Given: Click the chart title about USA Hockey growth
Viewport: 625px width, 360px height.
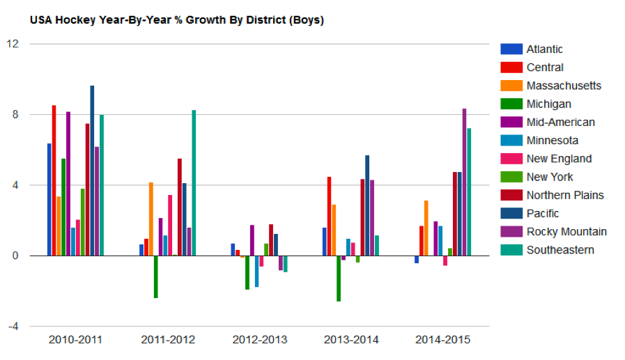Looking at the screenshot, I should pyautogui.click(x=176, y=20).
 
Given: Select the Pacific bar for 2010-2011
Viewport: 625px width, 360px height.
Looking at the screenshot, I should pyautogui.click(x=92, y=171).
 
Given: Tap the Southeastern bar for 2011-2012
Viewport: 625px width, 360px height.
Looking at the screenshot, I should pyautogui.click(x=194, y=182).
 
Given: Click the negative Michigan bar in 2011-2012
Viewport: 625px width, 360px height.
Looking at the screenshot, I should pyautogui.click(x=155, y=276).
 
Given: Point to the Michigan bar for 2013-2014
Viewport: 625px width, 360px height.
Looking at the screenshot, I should pyautogui.click(x=339, y=278).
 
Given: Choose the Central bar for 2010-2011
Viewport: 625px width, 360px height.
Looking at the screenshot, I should pyautogui.click(x=54, y=180).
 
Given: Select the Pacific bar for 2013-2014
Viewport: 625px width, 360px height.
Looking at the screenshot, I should pyautogui.click(x=367, y=205).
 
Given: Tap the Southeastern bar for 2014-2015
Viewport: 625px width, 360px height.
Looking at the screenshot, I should pyautogui.click(x=469, y=191).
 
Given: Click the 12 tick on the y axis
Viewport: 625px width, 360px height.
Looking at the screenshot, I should pyautogui.click(x=13, y=44).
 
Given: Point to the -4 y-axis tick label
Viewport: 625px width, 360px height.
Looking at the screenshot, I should pyautogui.click(x=13, y=327).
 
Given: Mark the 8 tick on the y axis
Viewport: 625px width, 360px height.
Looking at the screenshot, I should pyautogui.click(x=15, y=114).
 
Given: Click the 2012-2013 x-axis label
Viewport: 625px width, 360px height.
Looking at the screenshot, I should pyautogui.click(x=259, y=340).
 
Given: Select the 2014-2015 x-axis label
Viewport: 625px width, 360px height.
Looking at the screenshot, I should pyautogui.click(x=442, y=340).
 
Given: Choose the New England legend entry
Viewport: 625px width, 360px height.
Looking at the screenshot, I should pyautogui.click(x=559, y=158).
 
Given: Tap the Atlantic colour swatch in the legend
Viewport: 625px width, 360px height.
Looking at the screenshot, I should pyautogui.click(x=511, y=49).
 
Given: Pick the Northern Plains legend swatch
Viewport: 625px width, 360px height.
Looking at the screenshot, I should pyautogui.click(x=511, y=195).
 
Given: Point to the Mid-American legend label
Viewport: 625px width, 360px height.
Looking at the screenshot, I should pyautogui.click(x=560, y=122).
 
